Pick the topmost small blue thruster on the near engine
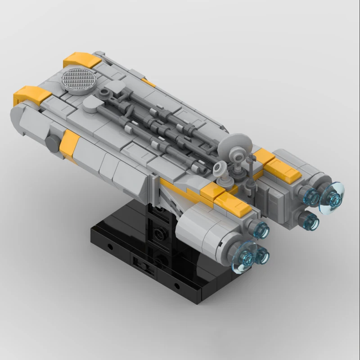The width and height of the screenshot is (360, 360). (x=261, y=230)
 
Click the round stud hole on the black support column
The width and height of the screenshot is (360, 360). (x=158, y=233)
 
